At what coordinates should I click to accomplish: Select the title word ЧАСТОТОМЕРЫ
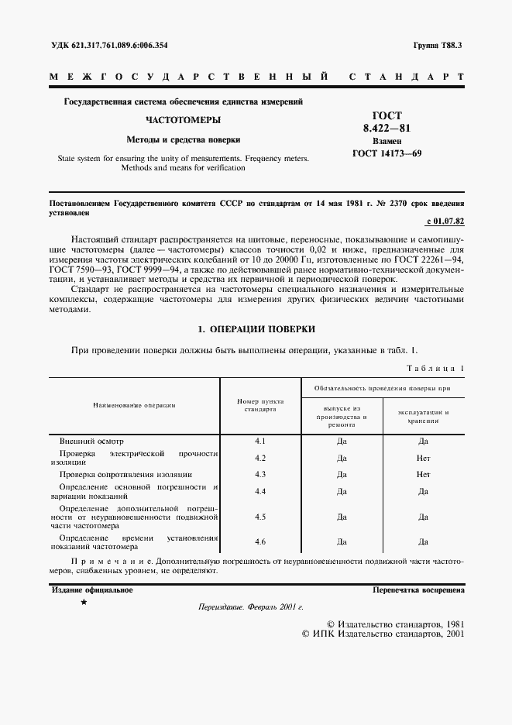pos(184,121)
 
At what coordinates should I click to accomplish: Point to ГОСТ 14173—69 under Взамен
pos(387,153)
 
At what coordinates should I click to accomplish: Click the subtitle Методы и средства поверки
pos(184,140)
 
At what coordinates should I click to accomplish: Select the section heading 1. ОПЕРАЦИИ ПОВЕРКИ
pos(256,329)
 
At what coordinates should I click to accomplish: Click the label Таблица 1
pos(435,367)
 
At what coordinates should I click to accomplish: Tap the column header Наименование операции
pos(135,405)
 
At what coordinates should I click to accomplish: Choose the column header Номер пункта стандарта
pos(259,405)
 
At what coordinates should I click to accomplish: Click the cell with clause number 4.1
pos(260,441)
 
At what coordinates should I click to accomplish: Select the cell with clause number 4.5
pos(260,516)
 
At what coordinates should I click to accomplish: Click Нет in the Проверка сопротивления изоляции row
pos(423,474)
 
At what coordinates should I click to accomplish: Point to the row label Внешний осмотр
pos(91,441)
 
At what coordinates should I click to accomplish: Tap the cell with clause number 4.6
pos(260,541)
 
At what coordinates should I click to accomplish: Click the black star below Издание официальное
pos(84,602)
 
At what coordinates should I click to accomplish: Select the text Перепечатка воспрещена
pos(418,589)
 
